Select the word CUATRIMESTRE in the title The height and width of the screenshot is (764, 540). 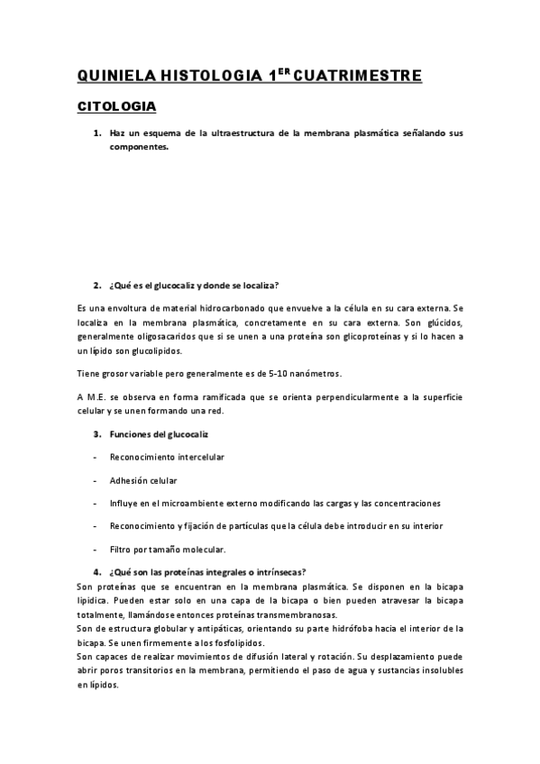(358, 76)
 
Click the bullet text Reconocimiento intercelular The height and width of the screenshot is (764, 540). (167, 457)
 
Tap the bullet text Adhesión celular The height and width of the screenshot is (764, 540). (143, 480)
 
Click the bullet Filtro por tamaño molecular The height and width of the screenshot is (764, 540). (168, 549)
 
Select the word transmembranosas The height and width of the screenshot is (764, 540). (296, 614)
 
